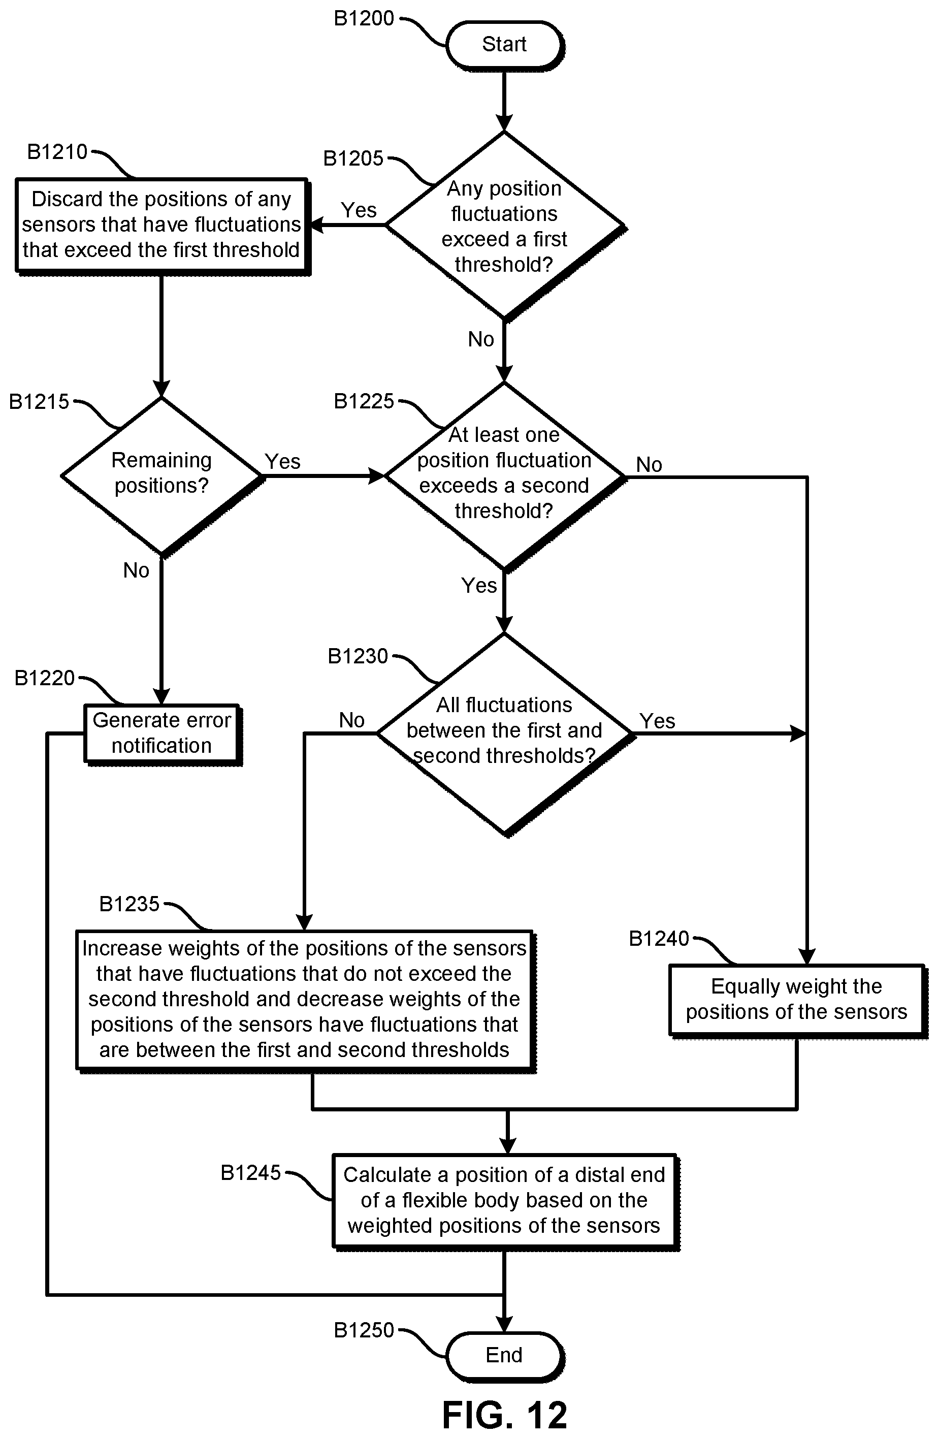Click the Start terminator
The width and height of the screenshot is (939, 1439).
504,45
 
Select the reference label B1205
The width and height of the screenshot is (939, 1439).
353,158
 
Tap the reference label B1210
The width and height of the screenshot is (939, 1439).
57,152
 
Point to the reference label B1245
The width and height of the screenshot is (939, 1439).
251,1173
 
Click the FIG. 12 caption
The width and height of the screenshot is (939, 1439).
505,1414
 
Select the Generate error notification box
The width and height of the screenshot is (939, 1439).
162,734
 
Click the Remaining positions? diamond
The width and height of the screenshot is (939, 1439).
162,476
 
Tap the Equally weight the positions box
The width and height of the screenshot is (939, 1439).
797,1000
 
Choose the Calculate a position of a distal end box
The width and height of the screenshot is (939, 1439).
505,1201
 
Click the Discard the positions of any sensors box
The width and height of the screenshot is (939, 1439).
162,226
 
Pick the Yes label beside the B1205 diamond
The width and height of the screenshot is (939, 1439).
359,210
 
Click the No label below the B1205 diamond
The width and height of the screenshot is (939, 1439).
481,340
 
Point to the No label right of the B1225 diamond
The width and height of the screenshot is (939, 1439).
650,465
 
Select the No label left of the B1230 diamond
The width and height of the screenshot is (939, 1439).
352,720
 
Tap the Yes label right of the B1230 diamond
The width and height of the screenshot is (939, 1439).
657,721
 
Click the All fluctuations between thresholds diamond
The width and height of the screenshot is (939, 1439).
504,734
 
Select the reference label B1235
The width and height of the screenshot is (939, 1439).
129,904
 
